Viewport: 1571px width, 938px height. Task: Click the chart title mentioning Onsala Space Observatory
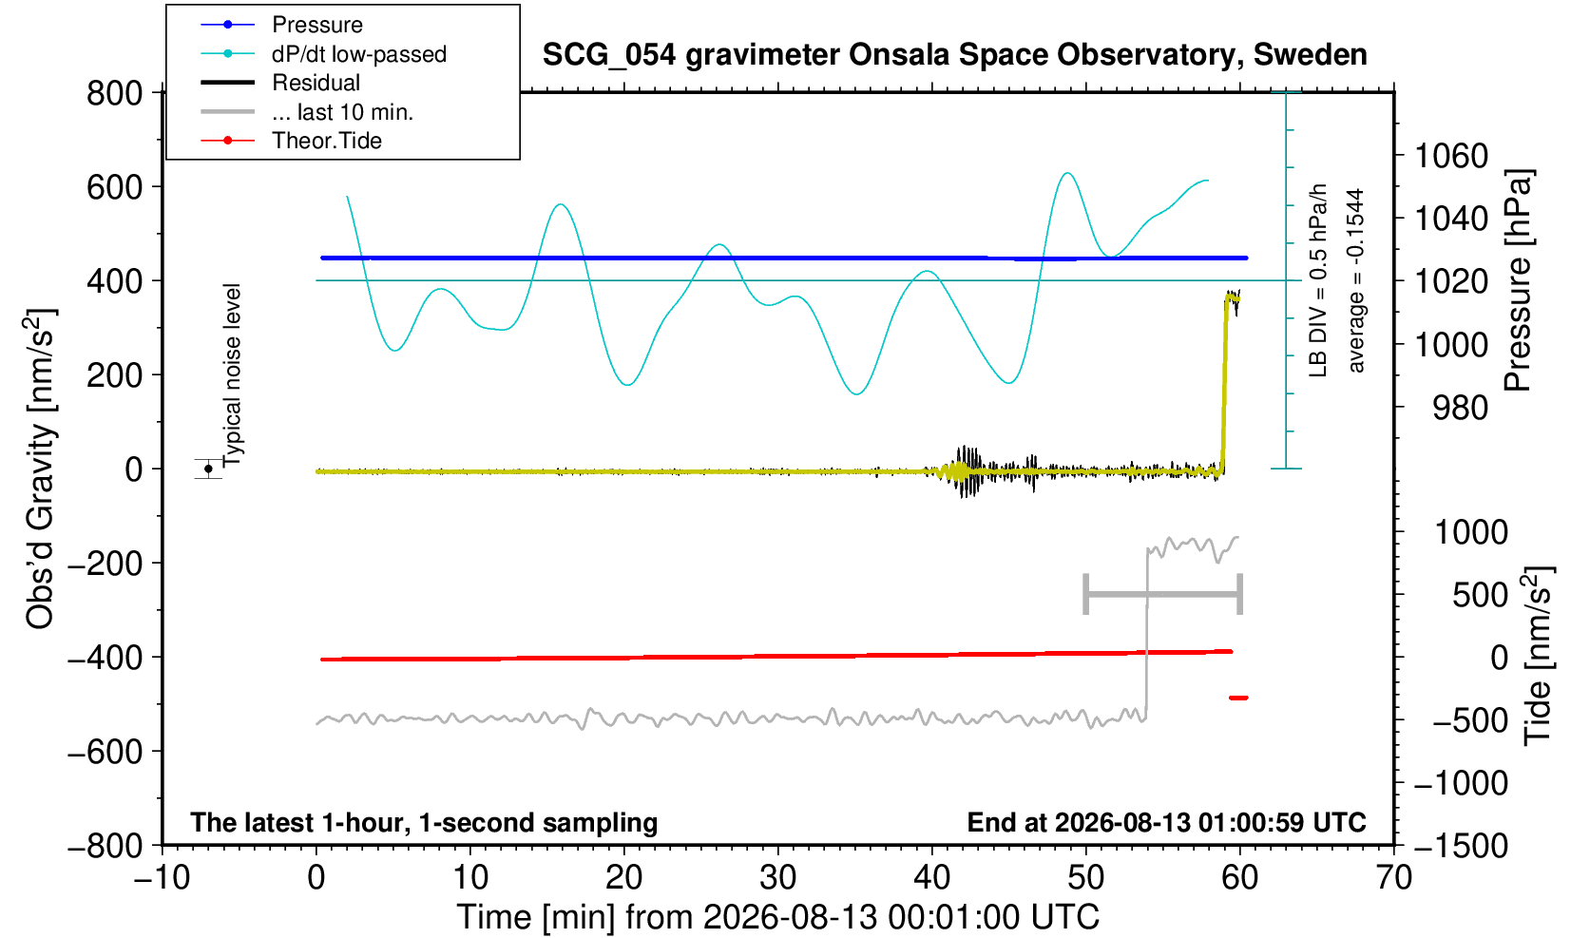[x=954, y=55]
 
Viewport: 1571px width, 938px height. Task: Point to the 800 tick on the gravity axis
[x=114, y=93]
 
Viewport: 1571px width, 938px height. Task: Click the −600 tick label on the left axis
[x=105, y=752]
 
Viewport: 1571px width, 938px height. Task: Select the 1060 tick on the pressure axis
[x=1451, y=156]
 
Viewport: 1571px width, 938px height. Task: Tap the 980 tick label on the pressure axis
[x=1460, y=408]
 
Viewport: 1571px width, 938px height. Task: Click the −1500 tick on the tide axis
[x=1461, y=846]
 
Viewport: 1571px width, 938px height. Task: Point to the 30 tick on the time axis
[x=777, y=877]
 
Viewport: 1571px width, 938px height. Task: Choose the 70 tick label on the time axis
[x=1393, y=877]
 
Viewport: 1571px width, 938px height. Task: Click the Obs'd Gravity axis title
[x=40, y=469]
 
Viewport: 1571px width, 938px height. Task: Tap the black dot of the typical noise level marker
[x=208, y=469]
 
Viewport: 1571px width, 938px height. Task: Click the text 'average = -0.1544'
[x=1355, y=280]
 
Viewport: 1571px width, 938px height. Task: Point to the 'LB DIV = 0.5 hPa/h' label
[x=1318, y=280]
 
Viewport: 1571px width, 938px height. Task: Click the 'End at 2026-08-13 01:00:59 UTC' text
[x=1166, y=822]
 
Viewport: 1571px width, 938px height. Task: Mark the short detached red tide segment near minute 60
[x=1238, y=698]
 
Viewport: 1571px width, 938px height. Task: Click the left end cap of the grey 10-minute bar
[x=1085, y=594]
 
